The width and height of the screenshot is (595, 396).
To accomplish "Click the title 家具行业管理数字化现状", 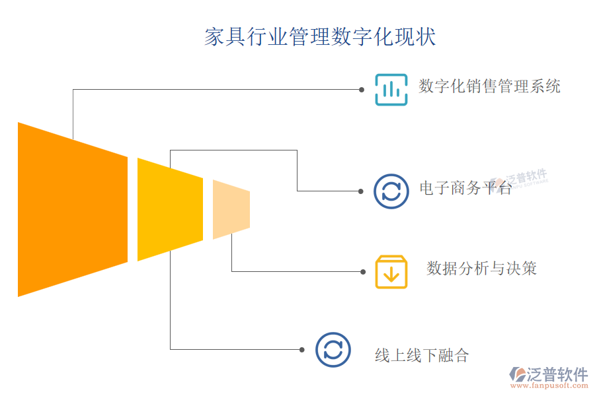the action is (320, 37).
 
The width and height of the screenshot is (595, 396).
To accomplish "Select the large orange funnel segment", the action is (73, 210).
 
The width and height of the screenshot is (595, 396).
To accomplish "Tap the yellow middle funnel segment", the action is (170, 210).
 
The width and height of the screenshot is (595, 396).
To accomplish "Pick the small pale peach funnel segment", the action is (231, 210).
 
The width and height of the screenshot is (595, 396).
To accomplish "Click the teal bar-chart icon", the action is (391, 90).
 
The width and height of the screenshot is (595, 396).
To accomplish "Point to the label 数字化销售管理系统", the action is (489, 86).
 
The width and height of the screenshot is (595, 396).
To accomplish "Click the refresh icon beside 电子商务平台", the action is (391, 191).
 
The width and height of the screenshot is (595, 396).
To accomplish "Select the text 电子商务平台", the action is (465, 188).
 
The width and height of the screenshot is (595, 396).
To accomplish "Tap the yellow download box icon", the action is (391, 272).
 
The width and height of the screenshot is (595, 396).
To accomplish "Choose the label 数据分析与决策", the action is (481, 269).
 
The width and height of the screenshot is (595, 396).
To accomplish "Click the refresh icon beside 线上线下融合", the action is (333, 350).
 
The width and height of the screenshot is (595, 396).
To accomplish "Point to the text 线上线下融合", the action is (422, 356).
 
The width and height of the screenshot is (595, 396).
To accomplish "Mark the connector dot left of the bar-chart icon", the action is (362, 90).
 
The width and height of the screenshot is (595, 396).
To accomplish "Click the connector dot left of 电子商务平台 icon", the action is (361, 191).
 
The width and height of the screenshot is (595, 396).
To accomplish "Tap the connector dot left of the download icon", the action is (363, 272).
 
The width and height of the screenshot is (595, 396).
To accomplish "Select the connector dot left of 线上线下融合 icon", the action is (302, 350).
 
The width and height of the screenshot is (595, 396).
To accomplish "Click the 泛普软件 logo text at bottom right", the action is (557, 374).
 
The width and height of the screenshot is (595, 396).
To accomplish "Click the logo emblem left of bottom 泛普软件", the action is (518, 374).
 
